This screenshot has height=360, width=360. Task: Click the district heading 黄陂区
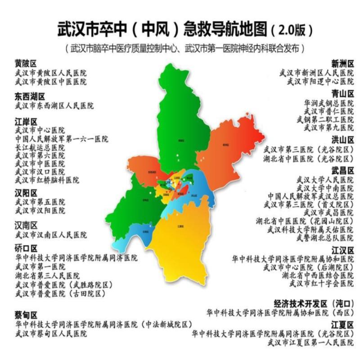tap(26, 63)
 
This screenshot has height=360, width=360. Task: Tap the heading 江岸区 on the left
tap(26, 121)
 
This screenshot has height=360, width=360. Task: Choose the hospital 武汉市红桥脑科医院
tap(47, 180)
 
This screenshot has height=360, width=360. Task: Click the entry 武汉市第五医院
tap(40, 202)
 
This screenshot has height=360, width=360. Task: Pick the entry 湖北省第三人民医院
tap(47, 276)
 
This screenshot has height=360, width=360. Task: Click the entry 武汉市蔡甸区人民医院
tap(51, 333)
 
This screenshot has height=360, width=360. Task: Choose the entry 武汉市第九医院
tap(328, 127)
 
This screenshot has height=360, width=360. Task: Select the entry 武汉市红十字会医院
tap(321, 283)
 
